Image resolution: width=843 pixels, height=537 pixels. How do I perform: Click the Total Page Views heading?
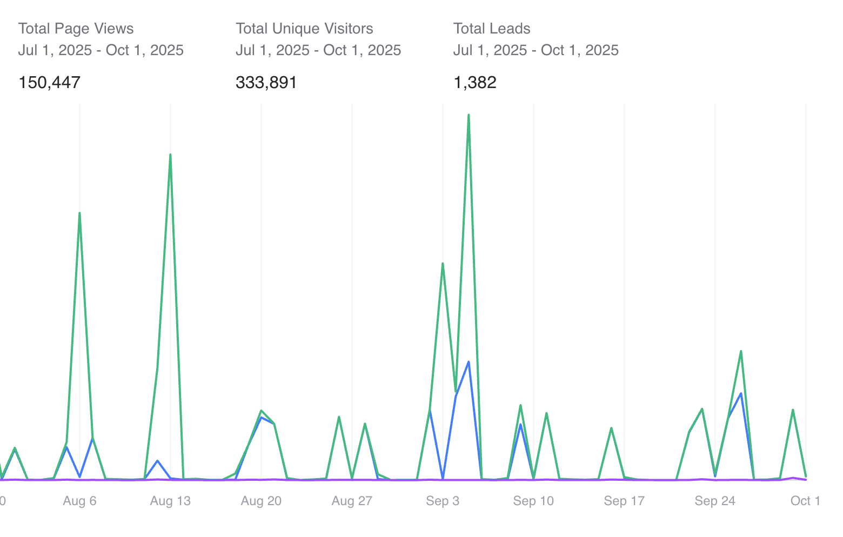tap(76, 29)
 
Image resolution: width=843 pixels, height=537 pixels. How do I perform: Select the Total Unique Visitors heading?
tap(304, 29)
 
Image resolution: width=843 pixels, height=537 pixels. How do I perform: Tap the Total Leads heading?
tap(492, 29)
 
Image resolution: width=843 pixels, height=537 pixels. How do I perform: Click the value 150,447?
tap(49, 83)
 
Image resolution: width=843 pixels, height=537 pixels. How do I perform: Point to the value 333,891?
tap(266, 83)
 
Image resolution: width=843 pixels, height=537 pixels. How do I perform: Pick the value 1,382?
tap(474, 83)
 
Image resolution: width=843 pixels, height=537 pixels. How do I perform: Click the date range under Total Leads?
tap(536, 50)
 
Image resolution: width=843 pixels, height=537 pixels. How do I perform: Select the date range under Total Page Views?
tap(101, 50)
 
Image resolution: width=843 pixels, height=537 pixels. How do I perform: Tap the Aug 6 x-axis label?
tap(79, 501)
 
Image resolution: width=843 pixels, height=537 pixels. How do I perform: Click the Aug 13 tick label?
tap(170, 501)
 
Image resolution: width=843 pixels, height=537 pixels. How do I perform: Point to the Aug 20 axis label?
tap(261, 501)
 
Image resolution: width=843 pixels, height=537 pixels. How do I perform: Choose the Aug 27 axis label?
tap(352, 501)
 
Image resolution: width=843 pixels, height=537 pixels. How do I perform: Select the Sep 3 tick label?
tap(443, 501)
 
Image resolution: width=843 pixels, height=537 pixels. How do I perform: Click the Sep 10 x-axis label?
tap(533, 501)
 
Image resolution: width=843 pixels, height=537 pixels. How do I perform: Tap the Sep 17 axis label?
tap(624, 501)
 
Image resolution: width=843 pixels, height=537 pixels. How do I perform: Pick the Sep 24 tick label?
tap(715, 501)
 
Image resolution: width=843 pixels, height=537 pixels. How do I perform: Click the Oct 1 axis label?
tap(805, 501)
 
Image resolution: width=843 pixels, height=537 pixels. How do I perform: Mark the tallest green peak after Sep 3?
tap(469, 115)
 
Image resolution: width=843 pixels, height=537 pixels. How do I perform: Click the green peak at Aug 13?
tap(170, 155)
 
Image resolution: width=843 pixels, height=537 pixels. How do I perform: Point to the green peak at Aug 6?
tap(79, 213)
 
